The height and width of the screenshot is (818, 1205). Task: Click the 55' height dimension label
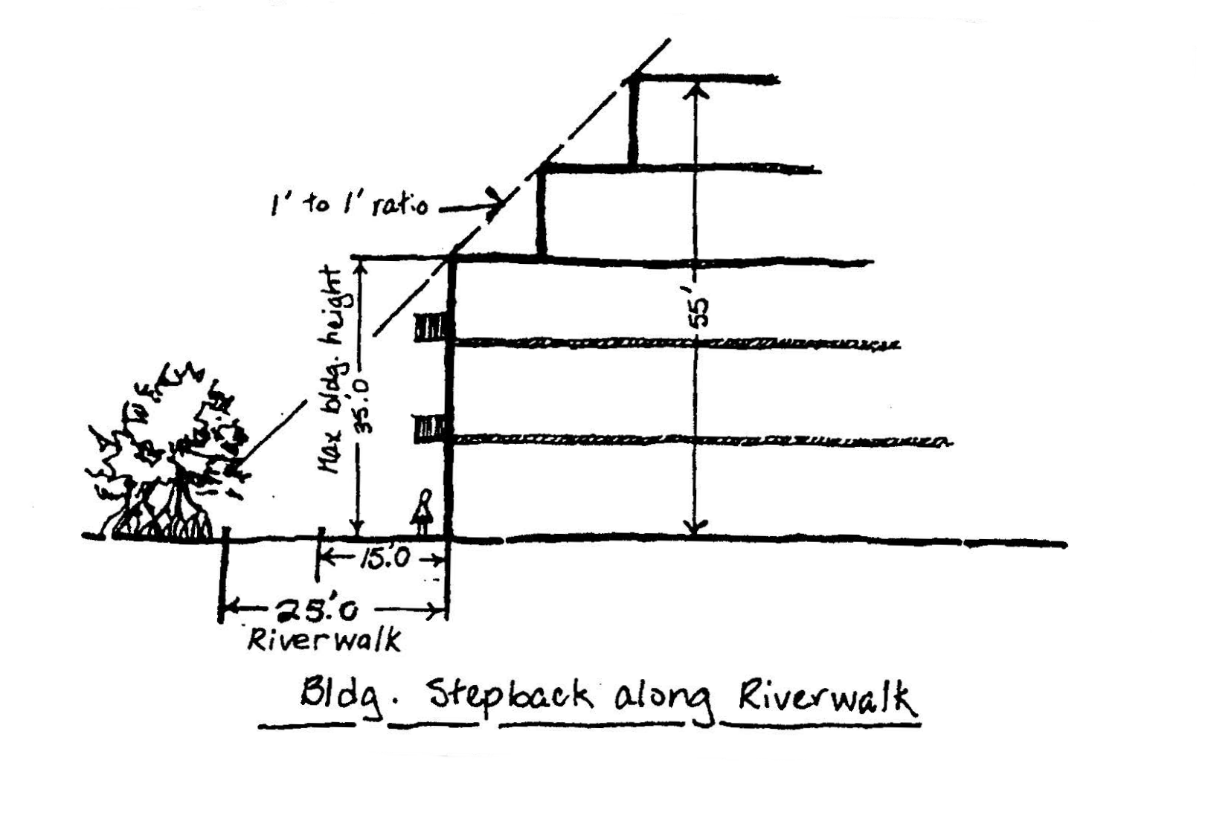point(699,312)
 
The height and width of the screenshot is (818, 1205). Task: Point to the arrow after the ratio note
point(472,204)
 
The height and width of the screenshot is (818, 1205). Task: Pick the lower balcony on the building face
point(430,429)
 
